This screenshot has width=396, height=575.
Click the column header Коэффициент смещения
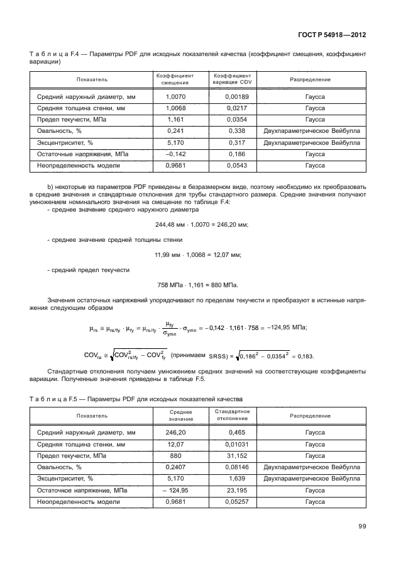[174, 79]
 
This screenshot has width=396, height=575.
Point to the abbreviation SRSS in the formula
[217, 356]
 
